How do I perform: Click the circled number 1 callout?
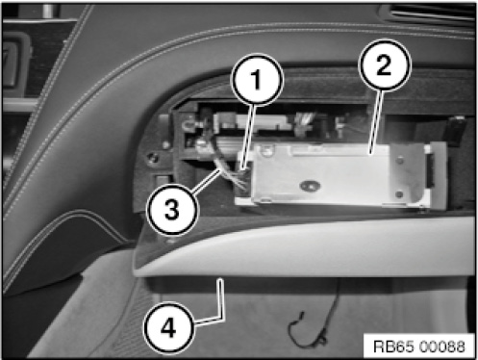pyautogui.click(x=257, y=79)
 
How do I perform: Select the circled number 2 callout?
pyautogui.click(x=384, y=65)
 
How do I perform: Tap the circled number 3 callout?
pyautogui.click(x=172, y=210)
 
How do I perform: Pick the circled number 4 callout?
pyautogui.click(x=169, y=328)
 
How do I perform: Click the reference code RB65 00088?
pyautogui.click(x=419, y=347)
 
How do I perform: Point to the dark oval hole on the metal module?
pyautogui.click(x=310, y=185)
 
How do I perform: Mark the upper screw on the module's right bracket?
pyautogui.click(x=400, y=160)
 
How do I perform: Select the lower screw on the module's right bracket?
pyautogui.click(x=399, y=194)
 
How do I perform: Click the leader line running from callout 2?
pyautogui.click(x=376, y=122)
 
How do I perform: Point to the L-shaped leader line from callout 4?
pyautogui.click(x=220, y=308)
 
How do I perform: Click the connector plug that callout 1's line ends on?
pyautogui.click(x=244, y=166)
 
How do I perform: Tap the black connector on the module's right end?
pyautogui.click(x=429, y=170)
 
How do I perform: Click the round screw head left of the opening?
pyautogui.click(x=153, y=158)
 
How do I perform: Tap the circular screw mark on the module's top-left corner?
pyautogui.click(x=264, y=149)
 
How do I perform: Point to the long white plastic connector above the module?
pyautogui.click(x=252, y=121)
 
